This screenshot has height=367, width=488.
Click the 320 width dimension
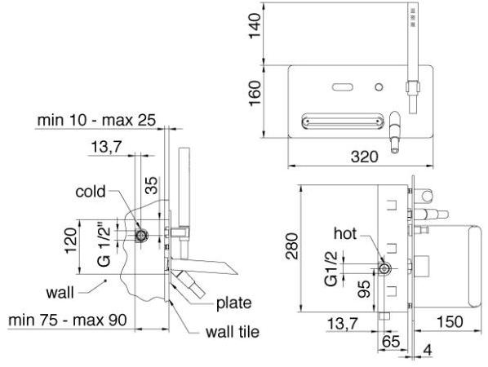pyautogui.click(x=365, y=157)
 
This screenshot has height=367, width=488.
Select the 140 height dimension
pyautogui.click(x=255, y=25)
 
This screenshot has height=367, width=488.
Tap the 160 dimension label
pyautogui.click(x=255, y=93)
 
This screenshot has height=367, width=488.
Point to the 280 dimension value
pyautogui.click(x=292, y=246)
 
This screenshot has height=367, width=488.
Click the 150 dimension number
pyautogui.click(x=450, y=322)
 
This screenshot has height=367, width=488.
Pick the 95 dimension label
pyautogui.click(x=364, y=289)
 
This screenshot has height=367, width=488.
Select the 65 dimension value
pyautogui.click(x=391, y=342)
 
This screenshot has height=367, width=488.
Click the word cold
pyautogui.click(x=91, y=192)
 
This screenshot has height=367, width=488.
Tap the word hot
pyautogui.click(x=345, y=233)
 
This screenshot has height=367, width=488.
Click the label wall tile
pyautogui.click(x=233, y=332)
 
